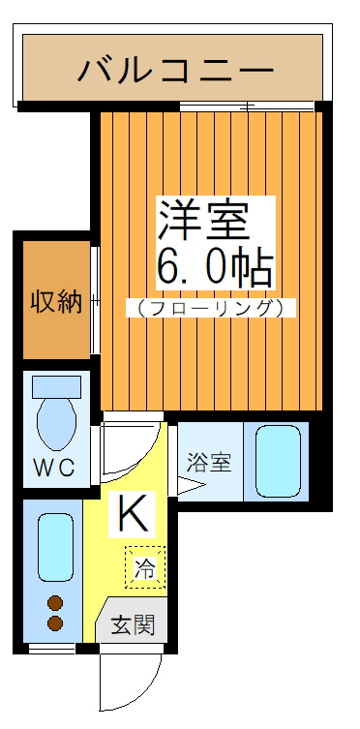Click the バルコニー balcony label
pos(175,70)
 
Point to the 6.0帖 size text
pos(214,266)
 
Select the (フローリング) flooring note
pos(210,309)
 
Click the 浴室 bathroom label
pos(208,462)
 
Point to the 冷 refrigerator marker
pos(144,568)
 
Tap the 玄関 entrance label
pos(132,624)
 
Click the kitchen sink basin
pos(55,547)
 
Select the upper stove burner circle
pos(55,602)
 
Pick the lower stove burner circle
pos(55,623)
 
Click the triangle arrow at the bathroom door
pos(187,487)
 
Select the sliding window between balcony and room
pos(247,105)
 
